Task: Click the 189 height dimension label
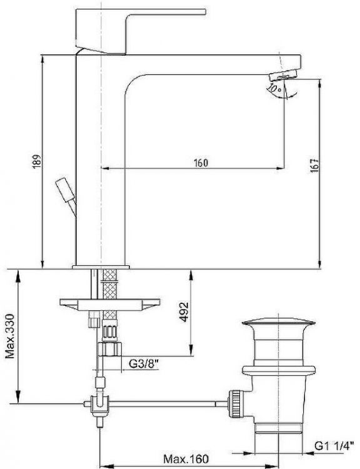(36, 161)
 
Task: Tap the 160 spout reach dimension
(201, 163)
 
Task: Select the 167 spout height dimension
(314, 166)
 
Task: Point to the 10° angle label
(274, 89)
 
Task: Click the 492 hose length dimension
(184, 312)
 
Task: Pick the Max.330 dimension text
(10, 336)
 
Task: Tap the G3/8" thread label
(144, 365)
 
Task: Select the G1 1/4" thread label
(332, 446)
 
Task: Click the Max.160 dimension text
(186, 458)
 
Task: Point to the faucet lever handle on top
(126, 31)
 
